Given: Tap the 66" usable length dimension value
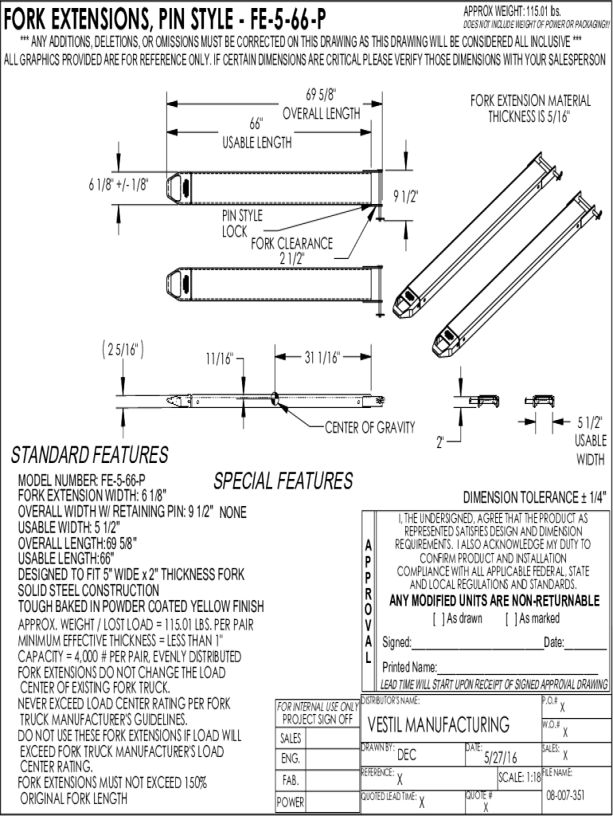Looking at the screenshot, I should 256,124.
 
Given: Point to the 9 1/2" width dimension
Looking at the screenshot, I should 405,196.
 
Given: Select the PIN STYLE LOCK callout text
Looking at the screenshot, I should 242,223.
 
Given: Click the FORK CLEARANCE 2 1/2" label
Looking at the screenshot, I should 292,251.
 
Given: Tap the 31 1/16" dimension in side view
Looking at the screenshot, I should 322,357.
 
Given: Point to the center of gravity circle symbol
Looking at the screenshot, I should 275,398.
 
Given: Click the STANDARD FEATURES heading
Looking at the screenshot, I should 89,455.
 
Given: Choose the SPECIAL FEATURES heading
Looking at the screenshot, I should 283,481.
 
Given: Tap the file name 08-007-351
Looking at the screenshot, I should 566,795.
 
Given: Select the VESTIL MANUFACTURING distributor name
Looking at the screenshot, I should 438,724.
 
